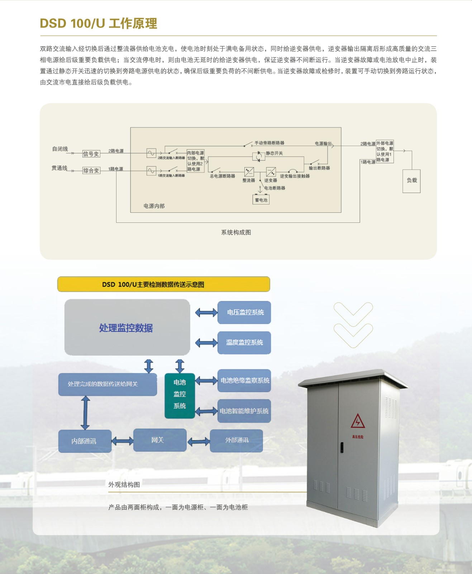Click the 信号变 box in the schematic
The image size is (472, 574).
point(91,154)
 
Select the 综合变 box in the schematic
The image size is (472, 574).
point(91,170)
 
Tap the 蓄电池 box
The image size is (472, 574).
point(261,200)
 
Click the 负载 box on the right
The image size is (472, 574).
point(411,181)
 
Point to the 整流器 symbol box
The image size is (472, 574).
point(249,171)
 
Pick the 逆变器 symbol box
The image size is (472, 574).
point(271,171)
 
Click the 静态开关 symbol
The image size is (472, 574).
point(258,156)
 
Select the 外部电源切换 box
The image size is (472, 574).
point(385,152)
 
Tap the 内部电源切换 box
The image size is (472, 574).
point(195,161)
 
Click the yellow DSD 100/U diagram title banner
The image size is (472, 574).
point(163,284)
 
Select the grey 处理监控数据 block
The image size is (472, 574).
point(127,327)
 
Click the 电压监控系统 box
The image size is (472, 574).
point(244,312)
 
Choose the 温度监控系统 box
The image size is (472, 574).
point(244,343)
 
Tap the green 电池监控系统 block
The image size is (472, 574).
point(180,395)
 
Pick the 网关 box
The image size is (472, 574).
point(160,440)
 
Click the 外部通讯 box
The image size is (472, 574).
point(236,440)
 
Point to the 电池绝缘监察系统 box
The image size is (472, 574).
point(244,380)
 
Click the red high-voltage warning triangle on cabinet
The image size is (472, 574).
point(357,422)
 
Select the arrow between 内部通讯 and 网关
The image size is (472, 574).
point(123,441)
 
